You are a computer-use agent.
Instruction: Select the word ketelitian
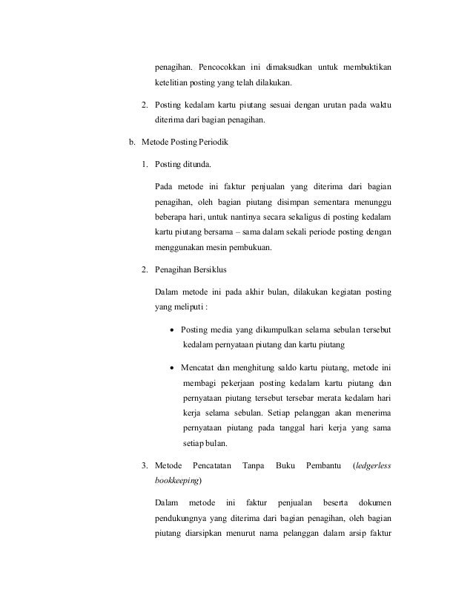pos(172,83)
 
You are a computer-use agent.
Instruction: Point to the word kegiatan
pos(335,292)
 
